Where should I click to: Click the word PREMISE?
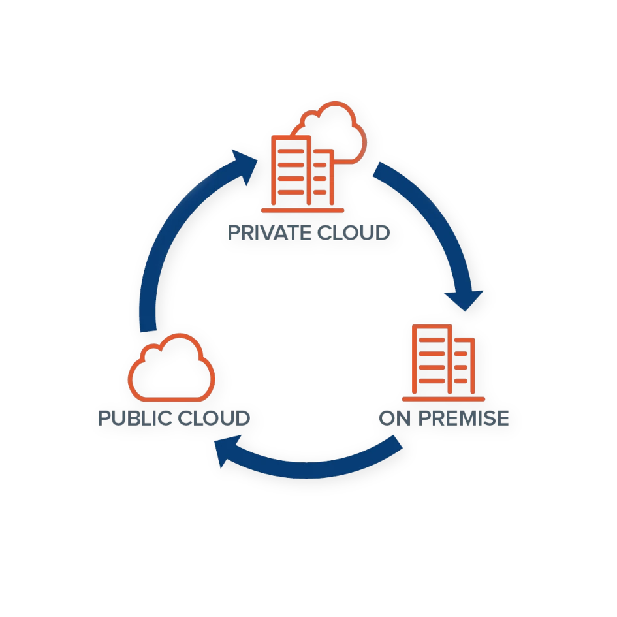[464, 418]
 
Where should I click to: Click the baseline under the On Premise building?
[444, 398]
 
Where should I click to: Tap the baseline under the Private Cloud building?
[302, 210]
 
